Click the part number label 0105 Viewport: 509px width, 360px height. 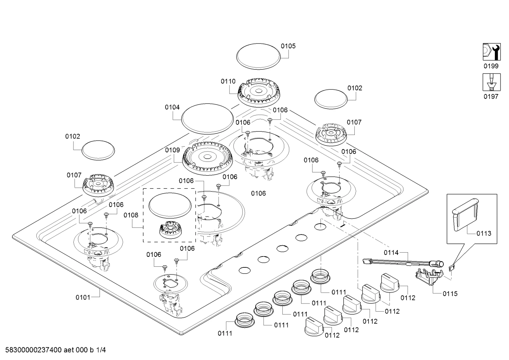(288, 46)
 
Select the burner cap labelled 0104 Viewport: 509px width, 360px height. (208, 119)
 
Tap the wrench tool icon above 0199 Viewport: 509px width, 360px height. (492, 52)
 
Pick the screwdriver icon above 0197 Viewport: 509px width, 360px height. (492, 82)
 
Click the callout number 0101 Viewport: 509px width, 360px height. (83, 297)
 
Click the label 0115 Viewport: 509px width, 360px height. (450, 294)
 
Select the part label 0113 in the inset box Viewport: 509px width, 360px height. (484, 233)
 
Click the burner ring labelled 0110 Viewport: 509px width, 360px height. (258, 93)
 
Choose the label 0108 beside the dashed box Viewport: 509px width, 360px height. (131, 215)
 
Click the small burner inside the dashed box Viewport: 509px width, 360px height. (170, 230)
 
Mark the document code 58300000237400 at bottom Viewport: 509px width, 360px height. (34, 350)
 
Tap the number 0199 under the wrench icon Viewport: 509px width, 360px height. (491, 66)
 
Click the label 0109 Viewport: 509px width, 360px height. (173, 150)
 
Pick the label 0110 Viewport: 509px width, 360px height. (228, 81)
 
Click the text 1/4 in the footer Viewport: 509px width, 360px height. (101, 350)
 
